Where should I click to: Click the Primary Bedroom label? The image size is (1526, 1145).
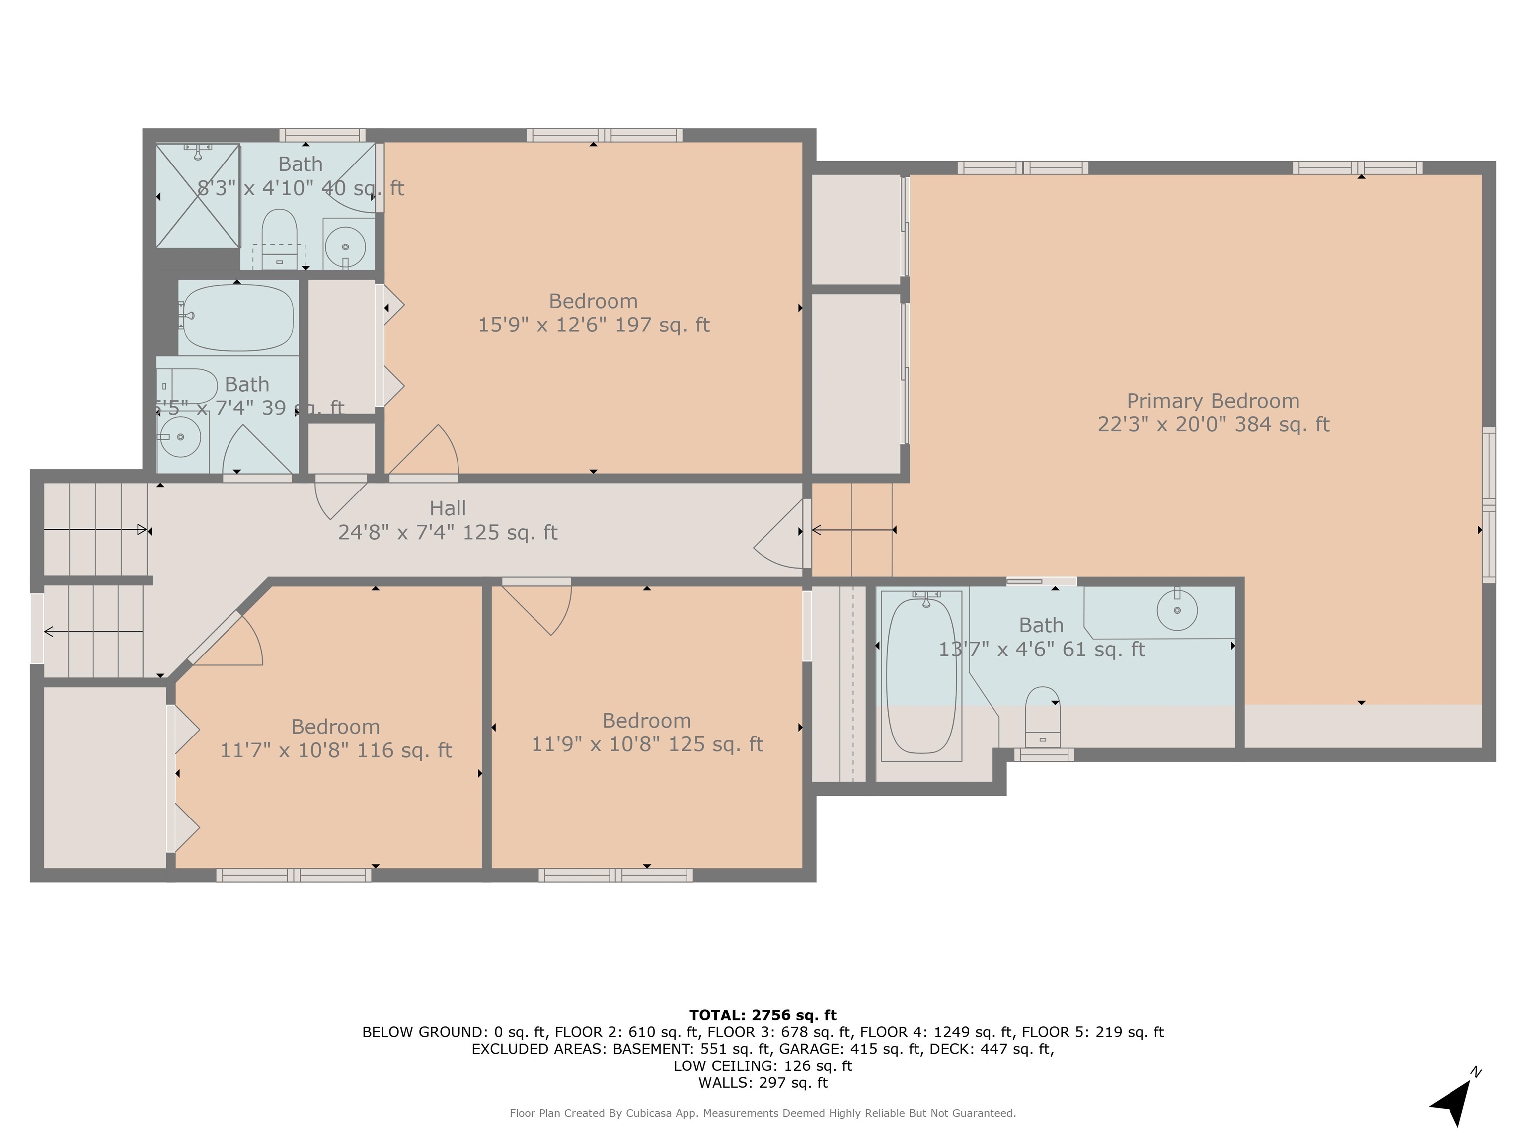[x=1213, y=401]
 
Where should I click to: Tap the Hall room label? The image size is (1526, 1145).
[x=448, y=509]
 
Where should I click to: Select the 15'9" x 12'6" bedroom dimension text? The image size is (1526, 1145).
[x=593, y=325]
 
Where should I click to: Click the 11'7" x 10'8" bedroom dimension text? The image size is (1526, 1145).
[x=336, y=750]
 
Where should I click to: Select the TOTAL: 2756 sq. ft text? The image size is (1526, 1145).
[x=763, y=1015]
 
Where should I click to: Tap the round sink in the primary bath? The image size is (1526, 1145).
[x=1177, y=610]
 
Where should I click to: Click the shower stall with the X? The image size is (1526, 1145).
[x=198, y=195]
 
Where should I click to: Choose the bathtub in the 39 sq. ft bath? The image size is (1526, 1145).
[x=236, y=318]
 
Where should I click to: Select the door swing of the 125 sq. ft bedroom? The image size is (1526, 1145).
[x=536, y=607]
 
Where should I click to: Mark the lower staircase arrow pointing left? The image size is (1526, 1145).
[x=94, y=632]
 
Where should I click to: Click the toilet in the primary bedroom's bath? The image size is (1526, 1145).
[x=1042, y=717]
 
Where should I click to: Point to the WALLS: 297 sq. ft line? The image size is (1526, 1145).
[x=763, y=1083]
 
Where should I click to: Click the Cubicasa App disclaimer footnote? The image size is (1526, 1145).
[x=763, y=1113]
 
